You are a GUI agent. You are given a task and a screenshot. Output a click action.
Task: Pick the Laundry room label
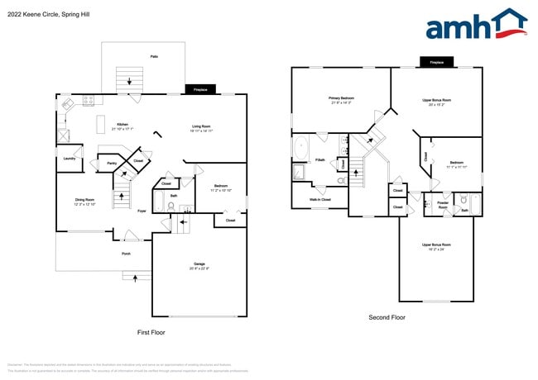point(70,159)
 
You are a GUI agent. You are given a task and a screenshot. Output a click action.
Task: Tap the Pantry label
point(111,164)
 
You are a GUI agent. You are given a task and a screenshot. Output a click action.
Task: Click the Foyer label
point(142,211)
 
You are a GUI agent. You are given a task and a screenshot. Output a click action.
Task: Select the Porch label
point(126,254)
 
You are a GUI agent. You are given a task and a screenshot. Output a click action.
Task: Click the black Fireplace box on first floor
point(199,89)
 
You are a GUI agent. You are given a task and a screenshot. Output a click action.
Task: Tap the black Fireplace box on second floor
point(436,62)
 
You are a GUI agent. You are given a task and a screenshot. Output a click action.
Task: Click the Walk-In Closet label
point(319,199)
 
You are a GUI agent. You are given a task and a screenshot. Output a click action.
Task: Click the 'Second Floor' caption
point(387,316)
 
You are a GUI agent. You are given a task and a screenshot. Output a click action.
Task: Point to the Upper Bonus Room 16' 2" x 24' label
point(436,246)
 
